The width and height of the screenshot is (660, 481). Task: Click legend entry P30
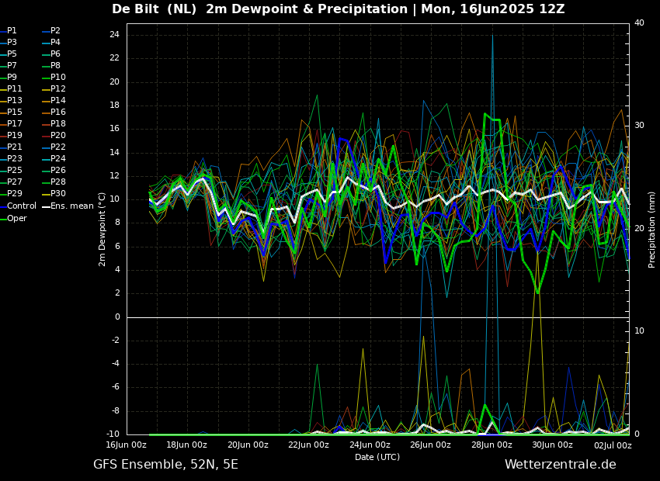(58, 194)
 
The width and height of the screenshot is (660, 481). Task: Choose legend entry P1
(12, 31)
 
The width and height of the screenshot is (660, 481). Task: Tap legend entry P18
(58, 124)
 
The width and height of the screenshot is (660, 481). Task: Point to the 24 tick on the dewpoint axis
(114, 35)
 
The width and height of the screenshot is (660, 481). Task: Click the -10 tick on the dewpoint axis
(113, 434)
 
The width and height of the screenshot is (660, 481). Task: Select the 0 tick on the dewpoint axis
(116, 317)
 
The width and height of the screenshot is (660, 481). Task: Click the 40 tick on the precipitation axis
(639, 23)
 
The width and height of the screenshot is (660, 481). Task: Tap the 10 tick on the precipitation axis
(639, 331)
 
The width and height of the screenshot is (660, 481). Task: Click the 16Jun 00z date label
(126, 445)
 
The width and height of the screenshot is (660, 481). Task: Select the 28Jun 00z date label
(492, 445)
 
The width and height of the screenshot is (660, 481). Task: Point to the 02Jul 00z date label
(613, 445)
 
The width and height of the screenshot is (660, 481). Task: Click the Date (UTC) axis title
(377, 457)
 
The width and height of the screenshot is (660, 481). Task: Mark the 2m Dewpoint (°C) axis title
(102, 229)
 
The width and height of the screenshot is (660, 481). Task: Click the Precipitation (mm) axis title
(652, 229)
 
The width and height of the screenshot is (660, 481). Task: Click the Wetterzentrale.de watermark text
(560, 465)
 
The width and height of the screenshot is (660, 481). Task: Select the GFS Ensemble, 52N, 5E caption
(165, 465)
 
